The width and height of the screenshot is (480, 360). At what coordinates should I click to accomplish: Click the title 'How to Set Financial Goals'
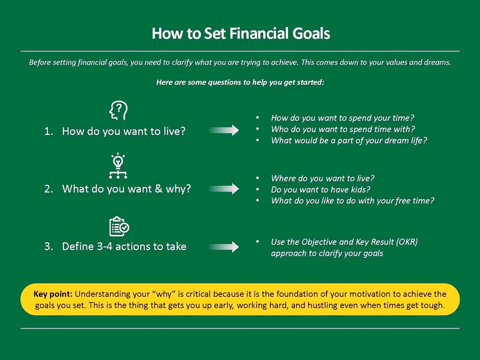point(240,34)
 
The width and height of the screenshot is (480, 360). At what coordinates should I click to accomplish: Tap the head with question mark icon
point(119,110)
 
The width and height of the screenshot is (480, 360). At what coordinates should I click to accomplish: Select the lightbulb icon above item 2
point(118,166)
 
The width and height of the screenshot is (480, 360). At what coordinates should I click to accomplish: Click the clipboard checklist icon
point(119,226)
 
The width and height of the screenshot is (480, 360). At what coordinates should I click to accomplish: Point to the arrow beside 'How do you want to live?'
point(224,130)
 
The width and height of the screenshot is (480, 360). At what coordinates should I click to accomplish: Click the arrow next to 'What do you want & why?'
point(224,189)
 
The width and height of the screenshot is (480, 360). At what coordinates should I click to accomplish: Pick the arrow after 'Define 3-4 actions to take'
point(224,247)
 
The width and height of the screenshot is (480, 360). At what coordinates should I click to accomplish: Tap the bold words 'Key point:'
point(53,294)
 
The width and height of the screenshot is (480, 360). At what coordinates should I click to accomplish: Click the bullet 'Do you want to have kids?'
point(321,190)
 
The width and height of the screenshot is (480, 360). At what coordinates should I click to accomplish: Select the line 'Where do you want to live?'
point(323,179)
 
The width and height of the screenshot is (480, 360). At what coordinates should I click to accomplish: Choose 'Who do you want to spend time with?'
point(343,129)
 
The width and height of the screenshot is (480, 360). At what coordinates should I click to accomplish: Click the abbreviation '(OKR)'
point(407,242)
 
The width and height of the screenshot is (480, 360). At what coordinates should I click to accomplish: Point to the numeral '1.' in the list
point(48,132)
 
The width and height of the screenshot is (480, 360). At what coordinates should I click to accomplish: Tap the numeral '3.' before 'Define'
point(48,246)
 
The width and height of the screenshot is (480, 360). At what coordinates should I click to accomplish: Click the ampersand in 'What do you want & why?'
point(158,189)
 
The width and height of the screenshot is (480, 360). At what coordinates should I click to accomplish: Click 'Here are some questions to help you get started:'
point(240,83)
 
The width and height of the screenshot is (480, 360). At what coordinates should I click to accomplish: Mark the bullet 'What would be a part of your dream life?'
point(349,141)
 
